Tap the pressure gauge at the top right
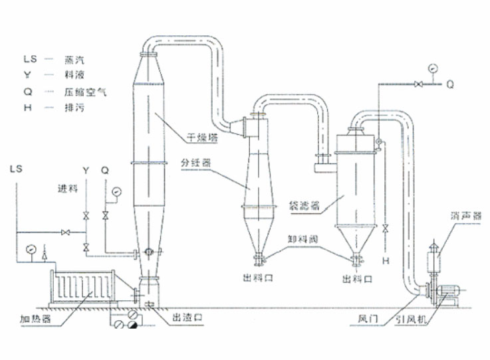point(432,68)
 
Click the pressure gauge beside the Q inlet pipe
point(117,192)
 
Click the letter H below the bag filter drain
point(386,260)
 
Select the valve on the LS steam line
point(66,232)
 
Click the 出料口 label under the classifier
point(258,278)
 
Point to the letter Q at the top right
point(450,85)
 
